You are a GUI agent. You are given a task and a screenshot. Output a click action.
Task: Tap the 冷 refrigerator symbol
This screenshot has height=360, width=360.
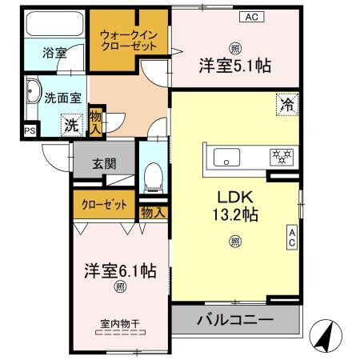tap(286, 103)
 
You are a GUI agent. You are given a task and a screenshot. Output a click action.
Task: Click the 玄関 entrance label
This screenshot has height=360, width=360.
tap(104, 164)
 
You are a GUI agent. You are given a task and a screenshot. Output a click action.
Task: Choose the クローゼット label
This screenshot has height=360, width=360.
tap(105, 205)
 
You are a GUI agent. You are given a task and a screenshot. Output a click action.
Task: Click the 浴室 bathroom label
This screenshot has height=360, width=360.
tap(54, 55)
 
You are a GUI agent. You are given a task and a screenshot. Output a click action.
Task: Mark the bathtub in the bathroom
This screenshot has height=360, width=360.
tap(54, 25)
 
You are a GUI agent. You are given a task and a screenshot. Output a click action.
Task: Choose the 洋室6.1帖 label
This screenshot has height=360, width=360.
tap(120, 270)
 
